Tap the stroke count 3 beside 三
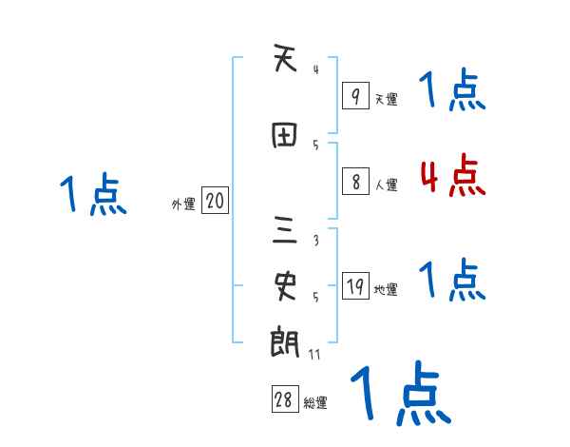(315, 242)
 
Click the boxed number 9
(354, 96)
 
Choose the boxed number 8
(354, 183)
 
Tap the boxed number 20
(215, 202)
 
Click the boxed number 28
(284, 400)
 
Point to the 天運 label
(386, 99)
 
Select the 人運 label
(386, 185)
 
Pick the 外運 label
(182, 204)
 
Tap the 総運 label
(315, 403)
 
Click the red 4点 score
(453, 177)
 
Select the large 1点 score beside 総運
(400, 393)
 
